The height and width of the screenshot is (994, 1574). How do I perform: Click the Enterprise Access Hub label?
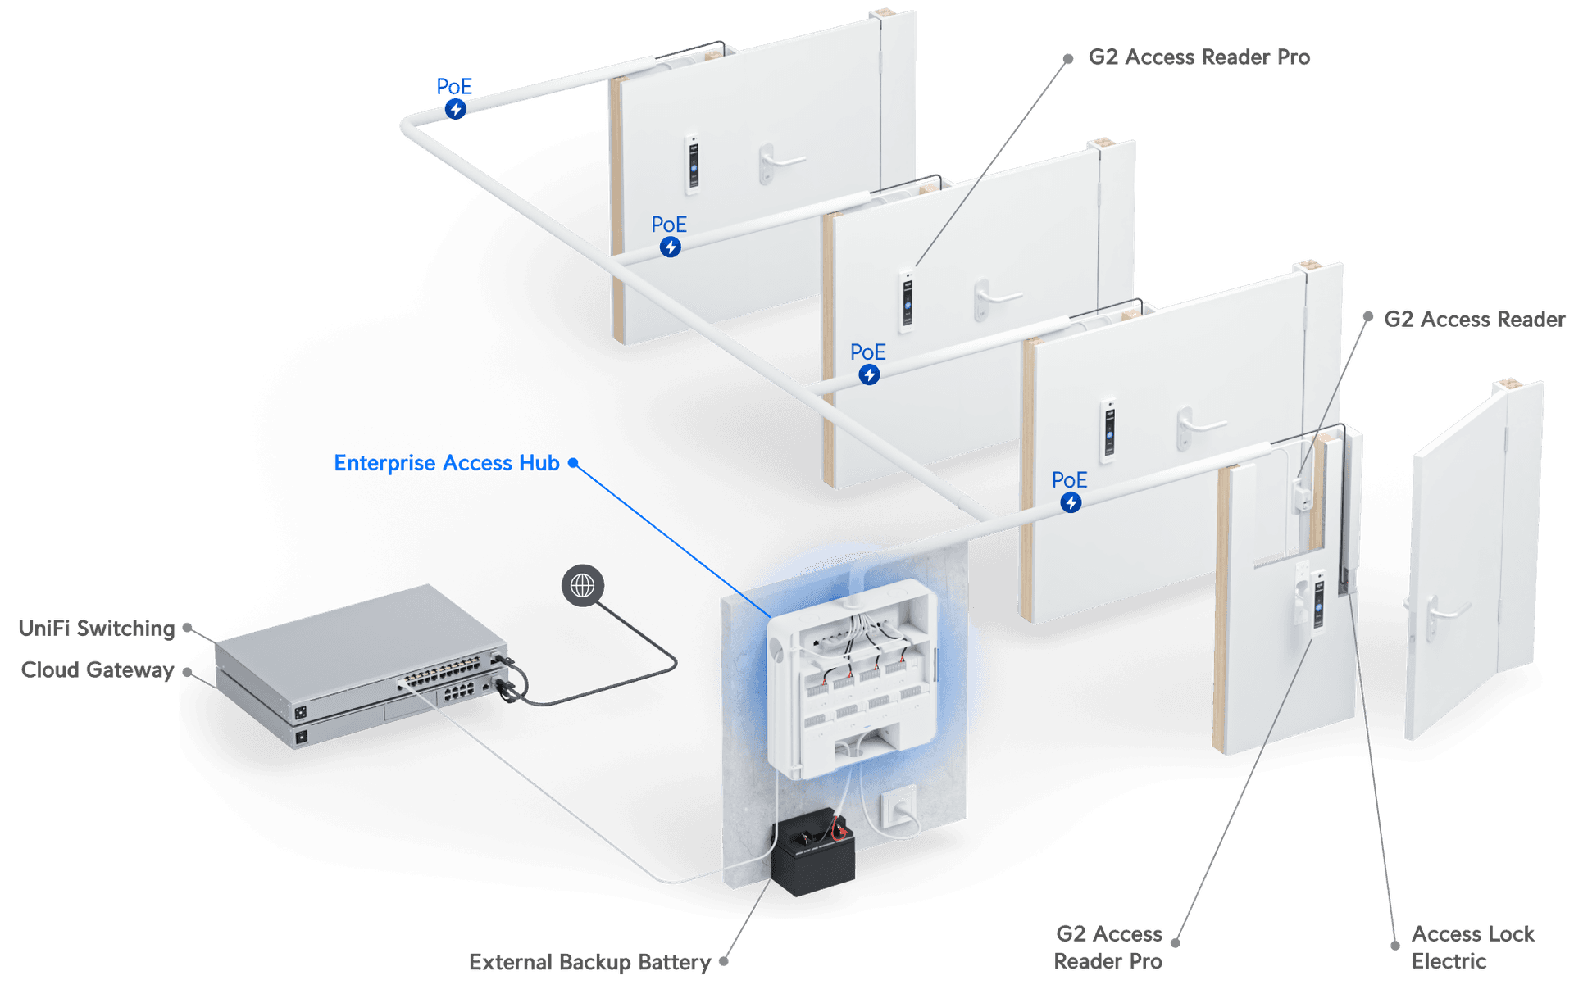[x=447, y=463]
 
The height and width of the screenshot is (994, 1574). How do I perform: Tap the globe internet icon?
[x=582, y=585]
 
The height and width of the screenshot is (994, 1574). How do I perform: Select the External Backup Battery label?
[x=589, y=962]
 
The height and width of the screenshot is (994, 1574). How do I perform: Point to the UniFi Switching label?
[x=97, y=629]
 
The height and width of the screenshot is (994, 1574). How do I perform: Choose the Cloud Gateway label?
[x=97, y=670]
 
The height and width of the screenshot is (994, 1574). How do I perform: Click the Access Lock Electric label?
[x=1472, y=947]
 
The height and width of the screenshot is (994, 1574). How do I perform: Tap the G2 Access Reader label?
[x=1474, y=319]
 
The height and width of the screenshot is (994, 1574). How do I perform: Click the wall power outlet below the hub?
[x=898, y=810]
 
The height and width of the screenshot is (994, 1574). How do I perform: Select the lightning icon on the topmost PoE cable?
[x=456, y=109]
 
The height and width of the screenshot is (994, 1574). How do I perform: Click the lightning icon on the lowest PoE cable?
[x=1071, y=502]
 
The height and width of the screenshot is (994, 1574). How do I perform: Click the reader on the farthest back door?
[x=694, y=162]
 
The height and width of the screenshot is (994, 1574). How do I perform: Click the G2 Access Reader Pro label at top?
[x=1199, y=57]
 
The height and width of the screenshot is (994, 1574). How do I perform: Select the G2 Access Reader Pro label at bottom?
[x=1108, y=947]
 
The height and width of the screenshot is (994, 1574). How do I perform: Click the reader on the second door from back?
[x=907, y=300]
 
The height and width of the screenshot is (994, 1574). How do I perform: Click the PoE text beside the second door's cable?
[x=669, y=225]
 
